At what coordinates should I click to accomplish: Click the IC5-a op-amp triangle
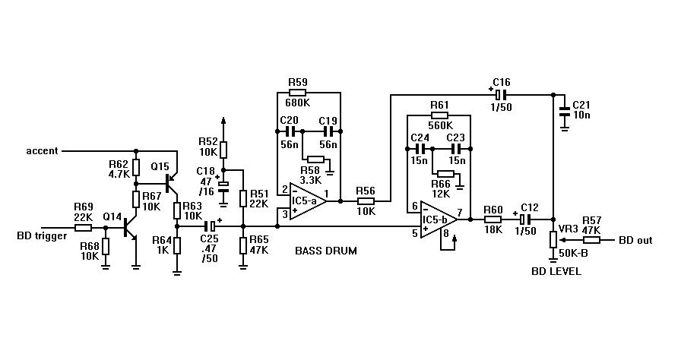click(307, 201)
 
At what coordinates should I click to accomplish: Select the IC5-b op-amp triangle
click(438, 219)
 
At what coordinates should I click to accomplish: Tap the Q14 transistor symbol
click(130, 228)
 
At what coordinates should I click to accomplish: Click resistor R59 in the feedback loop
click(297, 93)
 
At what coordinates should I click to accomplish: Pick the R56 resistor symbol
click(366, 201)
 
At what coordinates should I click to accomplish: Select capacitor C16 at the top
click(501, 94)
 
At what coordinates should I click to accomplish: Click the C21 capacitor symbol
click(564, 110)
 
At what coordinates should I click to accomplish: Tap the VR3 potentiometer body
click(553, 239)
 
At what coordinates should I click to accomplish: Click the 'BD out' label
click(635, 240)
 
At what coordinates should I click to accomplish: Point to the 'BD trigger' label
click(42, 236)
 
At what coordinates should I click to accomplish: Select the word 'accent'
click(42, 151)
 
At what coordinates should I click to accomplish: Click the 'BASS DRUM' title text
click(326, 251)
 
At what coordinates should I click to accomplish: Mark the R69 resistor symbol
click(83, 228)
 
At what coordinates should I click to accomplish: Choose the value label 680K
click(297, 103)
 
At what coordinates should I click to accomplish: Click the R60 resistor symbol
click(493, 219)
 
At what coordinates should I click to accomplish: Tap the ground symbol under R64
click(176, 272)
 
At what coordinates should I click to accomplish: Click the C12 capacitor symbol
click(525, 219)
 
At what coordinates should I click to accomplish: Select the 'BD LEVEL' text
click(556, 271)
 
